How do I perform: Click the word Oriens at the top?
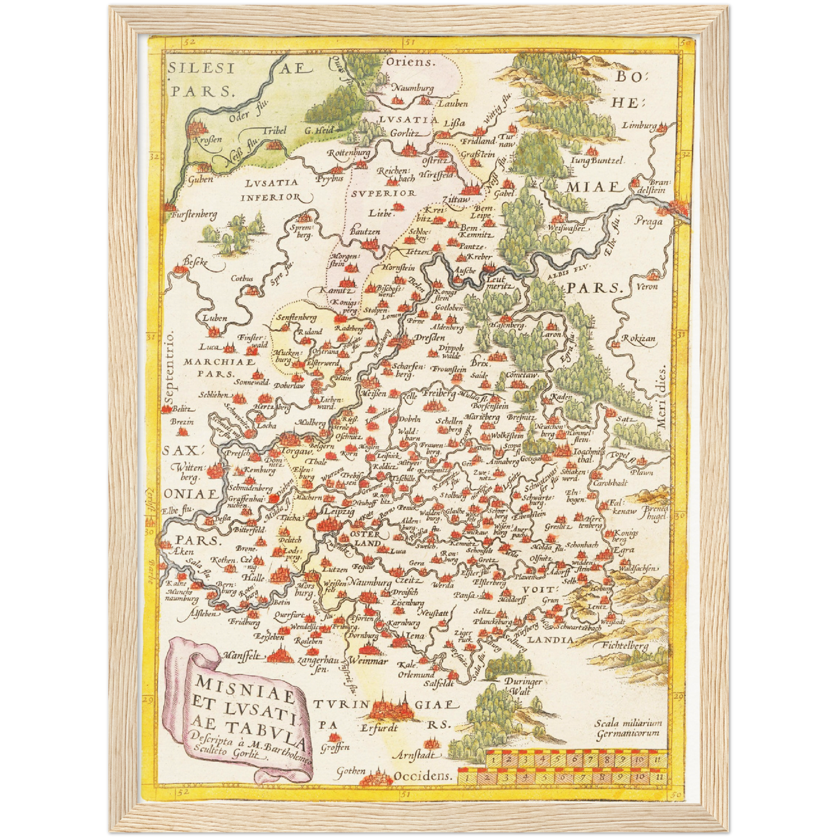[x=410, y=61]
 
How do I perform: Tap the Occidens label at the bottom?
[x=422, y=776]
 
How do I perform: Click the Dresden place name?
[x=430, y=338]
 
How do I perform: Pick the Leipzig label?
[x=339, y=511]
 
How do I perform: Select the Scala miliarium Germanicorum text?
[x=628, y=728]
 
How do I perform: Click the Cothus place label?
[x=242, y=278]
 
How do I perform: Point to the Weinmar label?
[x=368, y=661]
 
